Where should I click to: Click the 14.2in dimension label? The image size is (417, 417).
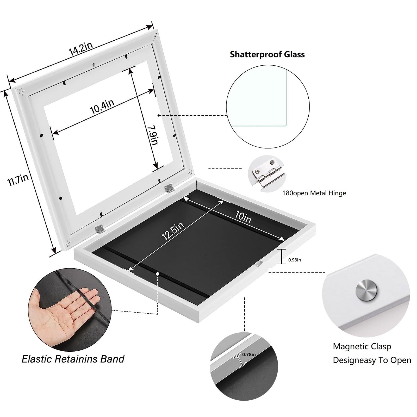pos(81,49)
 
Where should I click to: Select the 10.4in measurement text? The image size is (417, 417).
pos(102,106)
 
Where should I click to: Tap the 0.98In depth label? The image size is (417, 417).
pos(295,260)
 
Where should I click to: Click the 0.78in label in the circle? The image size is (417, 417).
pos(249,354)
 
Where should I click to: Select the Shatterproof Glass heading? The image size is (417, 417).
pos(267,54)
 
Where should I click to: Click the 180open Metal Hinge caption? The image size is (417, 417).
pos(314,193)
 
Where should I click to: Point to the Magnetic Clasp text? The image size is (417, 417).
pos(362,346)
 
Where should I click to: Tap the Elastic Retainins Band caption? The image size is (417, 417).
pos(73,359)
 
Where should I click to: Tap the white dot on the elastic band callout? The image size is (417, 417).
pos(158,273)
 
